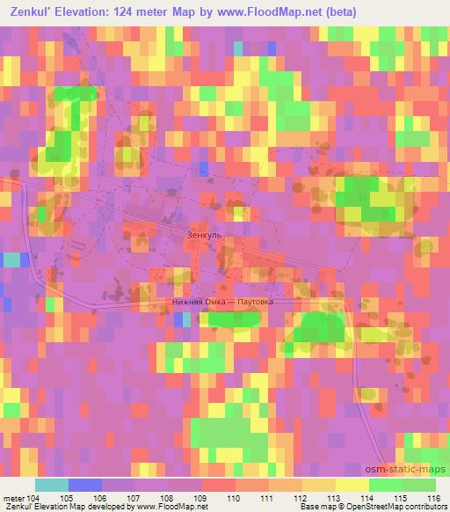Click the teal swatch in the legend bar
(x=51, y=485)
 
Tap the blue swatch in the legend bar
(x=85, y=485)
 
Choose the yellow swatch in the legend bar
(x=352, y=485)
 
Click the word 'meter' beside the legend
(x=12, y=498)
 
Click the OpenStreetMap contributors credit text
(x=395, y=508)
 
